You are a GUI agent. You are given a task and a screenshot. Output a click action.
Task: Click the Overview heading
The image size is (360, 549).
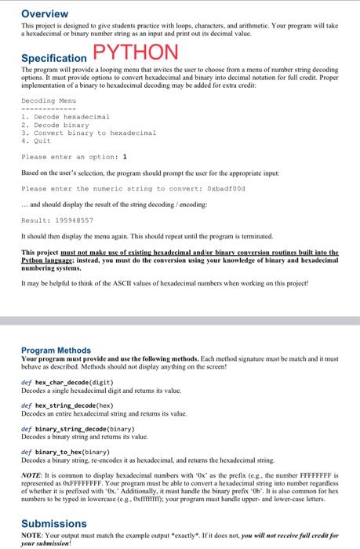44,13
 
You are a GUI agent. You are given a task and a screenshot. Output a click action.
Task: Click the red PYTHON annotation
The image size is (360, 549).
135,54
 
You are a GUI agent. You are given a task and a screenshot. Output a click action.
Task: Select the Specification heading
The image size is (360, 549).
53,58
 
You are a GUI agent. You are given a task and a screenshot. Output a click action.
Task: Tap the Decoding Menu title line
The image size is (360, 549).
49,101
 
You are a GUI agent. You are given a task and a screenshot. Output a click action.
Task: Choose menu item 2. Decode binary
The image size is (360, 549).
55,125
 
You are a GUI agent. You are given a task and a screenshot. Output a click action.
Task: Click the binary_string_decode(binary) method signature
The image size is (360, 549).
78,429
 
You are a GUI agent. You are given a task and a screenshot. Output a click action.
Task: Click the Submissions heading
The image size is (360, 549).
54,523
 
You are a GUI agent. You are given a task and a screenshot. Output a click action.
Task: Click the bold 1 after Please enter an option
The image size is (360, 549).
115,157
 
